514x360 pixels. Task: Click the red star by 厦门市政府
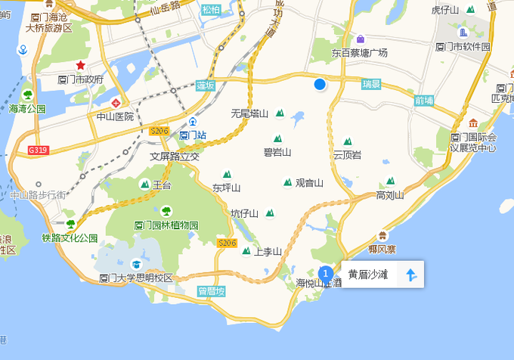point(80,66)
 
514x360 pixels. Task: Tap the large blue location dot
point(320,84)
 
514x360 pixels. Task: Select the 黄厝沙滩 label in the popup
point(368,275)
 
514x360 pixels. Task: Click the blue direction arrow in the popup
point(410,275)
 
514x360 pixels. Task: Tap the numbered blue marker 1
point(326,273)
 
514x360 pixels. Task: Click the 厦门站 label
point(193,135)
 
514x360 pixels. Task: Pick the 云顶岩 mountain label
point(347,154)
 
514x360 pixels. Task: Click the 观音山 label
point(308,182)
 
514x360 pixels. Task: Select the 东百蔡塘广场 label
point(359,53)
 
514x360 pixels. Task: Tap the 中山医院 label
point(115,116)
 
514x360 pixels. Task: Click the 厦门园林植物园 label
point(166,225)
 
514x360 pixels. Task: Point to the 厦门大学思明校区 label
point(136,278)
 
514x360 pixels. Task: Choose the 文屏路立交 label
point(174,157)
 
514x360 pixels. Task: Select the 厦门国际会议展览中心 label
point(473,142)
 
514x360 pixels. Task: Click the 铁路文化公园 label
point(70,237)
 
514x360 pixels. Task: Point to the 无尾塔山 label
point(249,113)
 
